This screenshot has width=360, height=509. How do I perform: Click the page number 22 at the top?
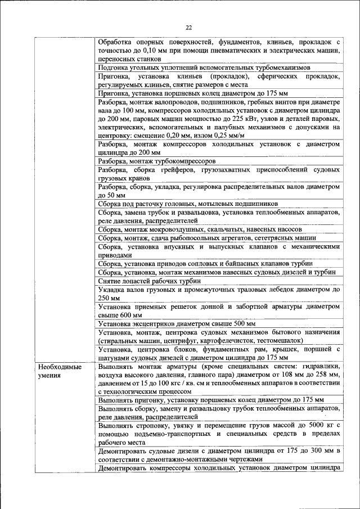coord(188,28)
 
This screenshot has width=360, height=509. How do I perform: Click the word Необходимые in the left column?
coord(60,367)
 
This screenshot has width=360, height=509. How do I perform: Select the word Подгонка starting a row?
coord(114,67)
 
